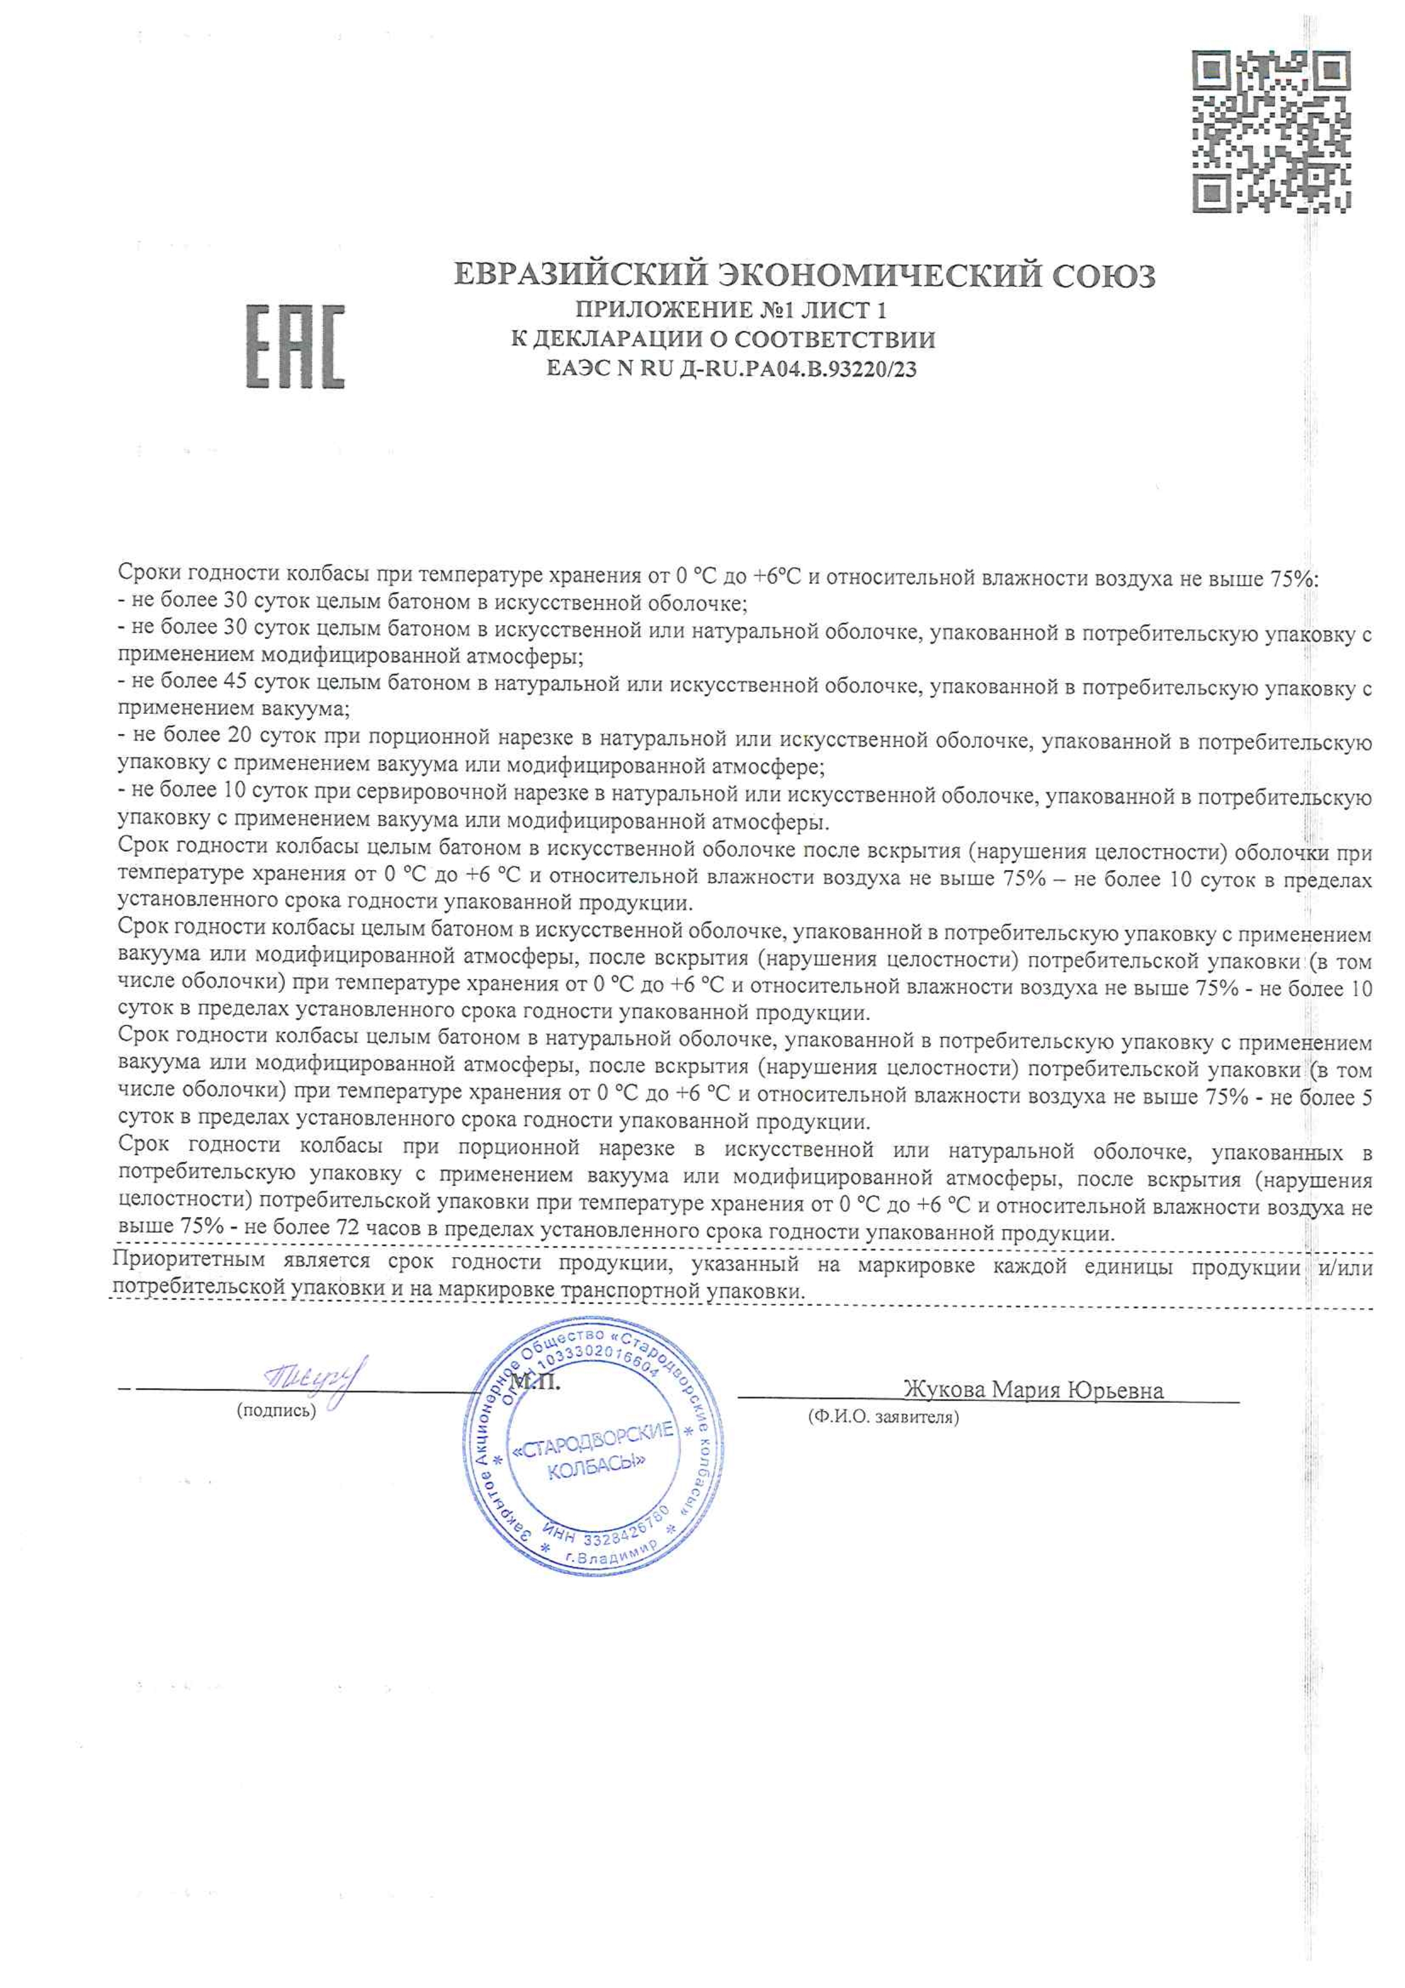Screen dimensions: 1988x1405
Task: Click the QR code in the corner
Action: coord(1271,131)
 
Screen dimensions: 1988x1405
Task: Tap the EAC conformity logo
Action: coord(295,346)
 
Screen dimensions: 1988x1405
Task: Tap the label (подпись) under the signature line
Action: coord(276,1410)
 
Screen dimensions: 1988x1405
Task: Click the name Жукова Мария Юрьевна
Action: coord(1033,1390)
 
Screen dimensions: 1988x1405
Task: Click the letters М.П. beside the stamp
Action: coord(535,1382)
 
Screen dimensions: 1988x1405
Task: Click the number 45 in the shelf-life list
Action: coord(235,682)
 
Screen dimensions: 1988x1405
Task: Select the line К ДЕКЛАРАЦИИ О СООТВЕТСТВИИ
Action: coord(723,340)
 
